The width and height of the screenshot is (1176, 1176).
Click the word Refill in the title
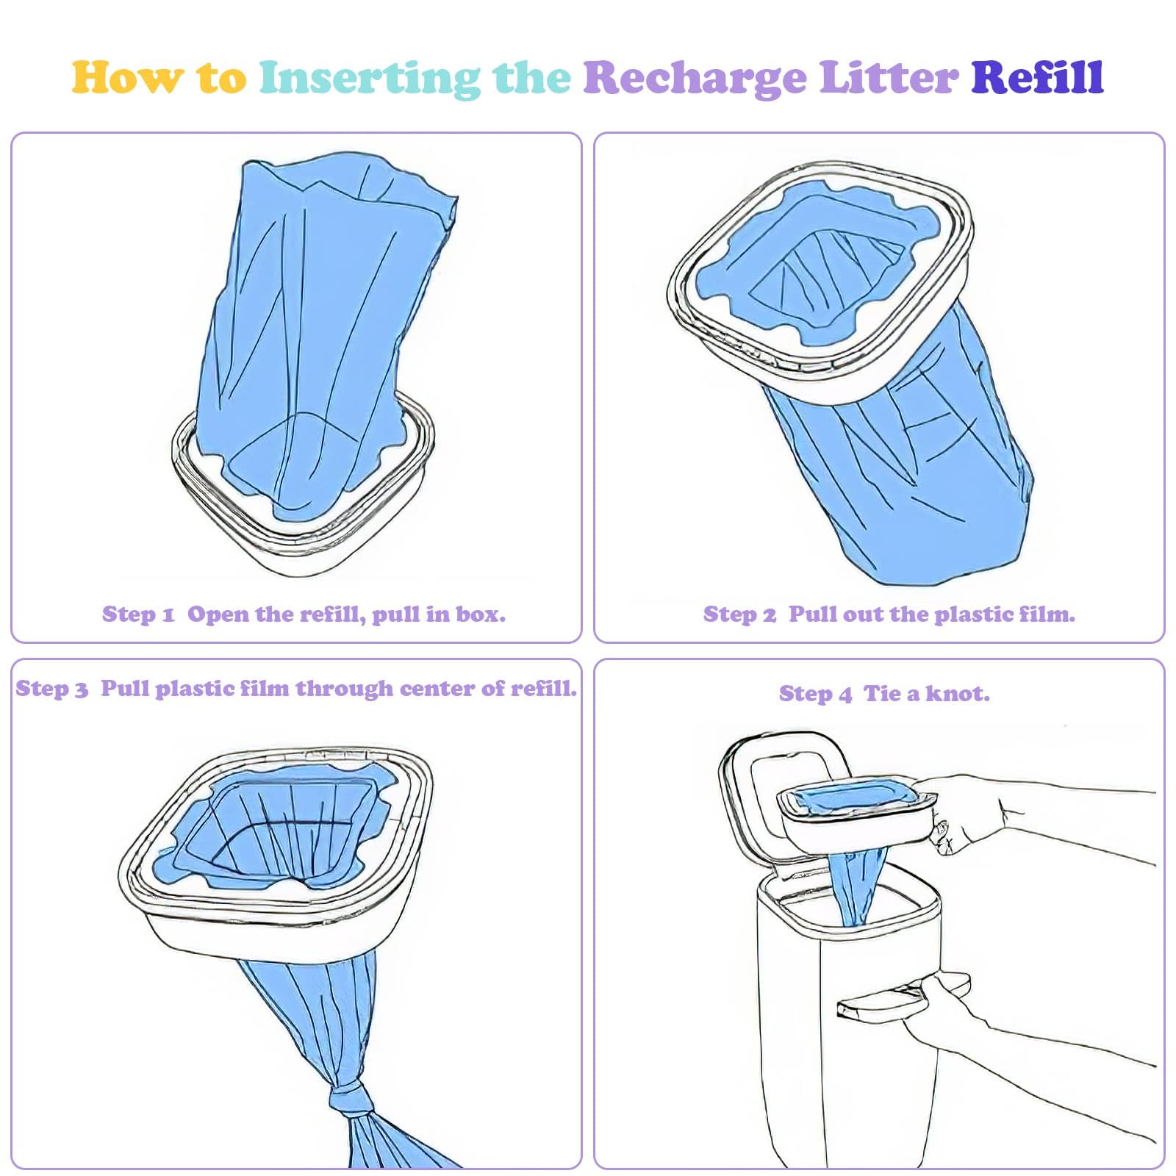(1037, 77)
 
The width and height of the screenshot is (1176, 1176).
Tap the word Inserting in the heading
(370, 78)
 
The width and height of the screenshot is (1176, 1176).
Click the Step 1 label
(138, 614)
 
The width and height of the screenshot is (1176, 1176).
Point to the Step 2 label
(739, 614)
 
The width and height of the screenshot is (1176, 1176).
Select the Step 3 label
(51, 689)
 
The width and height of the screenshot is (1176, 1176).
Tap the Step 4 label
(814, 694)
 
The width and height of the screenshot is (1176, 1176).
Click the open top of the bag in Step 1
(345, 184)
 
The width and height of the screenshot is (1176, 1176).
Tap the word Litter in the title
(889, 77)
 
